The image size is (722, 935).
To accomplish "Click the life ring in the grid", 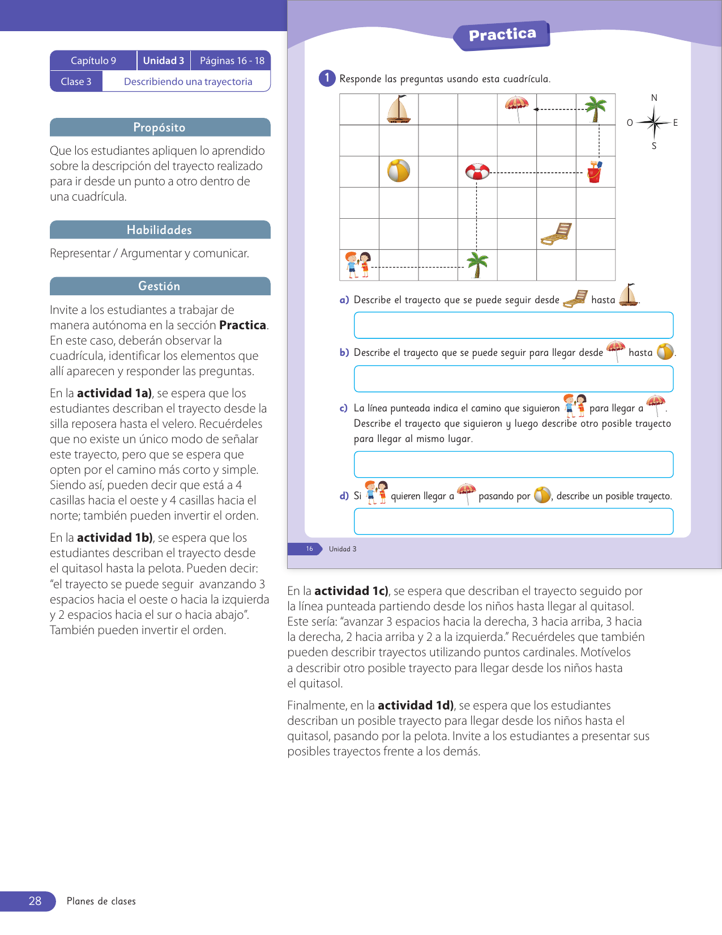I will tap(477, 171).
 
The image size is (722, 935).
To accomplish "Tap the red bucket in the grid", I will tap(594, 172).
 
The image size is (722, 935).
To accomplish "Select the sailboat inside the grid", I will tap(399, 109).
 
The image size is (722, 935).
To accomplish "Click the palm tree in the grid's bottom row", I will tap(477, 265).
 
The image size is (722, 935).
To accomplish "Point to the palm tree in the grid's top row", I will tap(595, 109).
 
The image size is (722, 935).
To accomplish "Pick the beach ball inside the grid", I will tap(399, 171).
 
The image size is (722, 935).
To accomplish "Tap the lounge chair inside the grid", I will tap(556, 233).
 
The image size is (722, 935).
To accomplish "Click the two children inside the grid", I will tap(358, 265).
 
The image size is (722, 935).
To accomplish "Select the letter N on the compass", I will tap(654, 98).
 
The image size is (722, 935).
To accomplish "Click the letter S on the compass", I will tap(654, 146).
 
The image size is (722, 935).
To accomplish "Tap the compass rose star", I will tap(654, 122).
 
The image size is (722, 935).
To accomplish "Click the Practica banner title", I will tap(502, 35).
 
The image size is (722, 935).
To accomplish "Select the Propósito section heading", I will tap(160, 127).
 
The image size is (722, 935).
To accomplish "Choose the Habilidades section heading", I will tap(160, 230).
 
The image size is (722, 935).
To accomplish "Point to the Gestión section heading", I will tap(160, 286).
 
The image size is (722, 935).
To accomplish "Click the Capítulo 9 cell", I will tap(93, 61).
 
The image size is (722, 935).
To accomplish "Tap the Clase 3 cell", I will tap(76, 82).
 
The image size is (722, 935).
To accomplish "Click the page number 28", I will tap(35, 901).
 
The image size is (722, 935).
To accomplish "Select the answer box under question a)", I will tap(513, 325).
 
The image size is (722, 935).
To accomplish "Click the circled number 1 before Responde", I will tap(327, 78).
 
